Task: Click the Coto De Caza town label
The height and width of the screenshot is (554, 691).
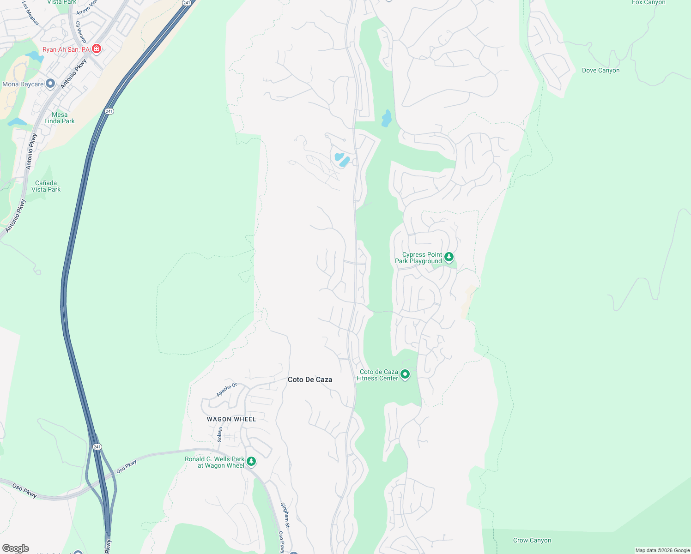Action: (310, 379)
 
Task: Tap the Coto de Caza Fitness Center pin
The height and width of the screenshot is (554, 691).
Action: (405, 374)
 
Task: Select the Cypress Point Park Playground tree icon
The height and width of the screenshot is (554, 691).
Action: (449, 257)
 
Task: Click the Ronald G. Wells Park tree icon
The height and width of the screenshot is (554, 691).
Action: (251, 461)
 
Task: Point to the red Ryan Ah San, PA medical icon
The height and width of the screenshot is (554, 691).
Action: (97, 48)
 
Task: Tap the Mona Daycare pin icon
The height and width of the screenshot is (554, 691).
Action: (50, 84)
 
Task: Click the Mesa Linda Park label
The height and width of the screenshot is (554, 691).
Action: (60, 118)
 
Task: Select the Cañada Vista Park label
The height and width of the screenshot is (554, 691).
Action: (46, 186)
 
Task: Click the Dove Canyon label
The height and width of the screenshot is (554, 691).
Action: (600, 70)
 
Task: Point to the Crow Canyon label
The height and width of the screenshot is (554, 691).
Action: (532, 540)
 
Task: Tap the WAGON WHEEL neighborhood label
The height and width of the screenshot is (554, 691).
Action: (231, 419)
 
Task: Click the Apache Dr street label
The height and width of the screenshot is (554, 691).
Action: (226, 390)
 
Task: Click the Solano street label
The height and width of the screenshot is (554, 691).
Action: (220, 434)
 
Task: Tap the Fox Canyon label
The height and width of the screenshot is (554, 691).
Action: (649, 2)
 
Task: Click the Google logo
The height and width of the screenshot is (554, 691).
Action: (15, 548)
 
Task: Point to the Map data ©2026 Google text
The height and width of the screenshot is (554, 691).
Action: (662, 550)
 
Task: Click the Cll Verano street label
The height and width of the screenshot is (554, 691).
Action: (81, 32)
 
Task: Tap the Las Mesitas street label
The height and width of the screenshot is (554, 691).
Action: (30, 12)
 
